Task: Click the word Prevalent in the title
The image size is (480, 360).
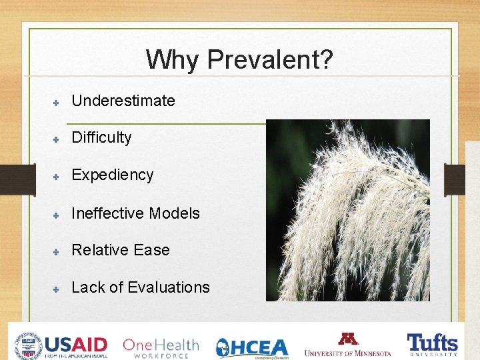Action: click(269, 60)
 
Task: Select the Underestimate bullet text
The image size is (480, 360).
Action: click(123, 101)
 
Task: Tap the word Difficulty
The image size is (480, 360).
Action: click(101, 138)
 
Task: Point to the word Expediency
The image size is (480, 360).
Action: click(112, 175)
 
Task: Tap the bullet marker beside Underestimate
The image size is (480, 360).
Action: click(57, 102)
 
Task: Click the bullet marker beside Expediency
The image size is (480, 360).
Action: click(57, 176)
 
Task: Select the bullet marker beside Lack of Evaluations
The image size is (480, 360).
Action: click(57, 289)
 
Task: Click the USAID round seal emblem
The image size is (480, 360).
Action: click(27, 345)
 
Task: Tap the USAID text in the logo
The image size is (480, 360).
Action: click(75, 344)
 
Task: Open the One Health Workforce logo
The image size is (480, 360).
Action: click(161, 347)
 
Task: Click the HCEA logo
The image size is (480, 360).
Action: click(252, 347)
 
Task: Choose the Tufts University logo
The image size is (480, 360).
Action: click(433, 345)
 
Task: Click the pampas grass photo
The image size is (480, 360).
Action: click(347, 210)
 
